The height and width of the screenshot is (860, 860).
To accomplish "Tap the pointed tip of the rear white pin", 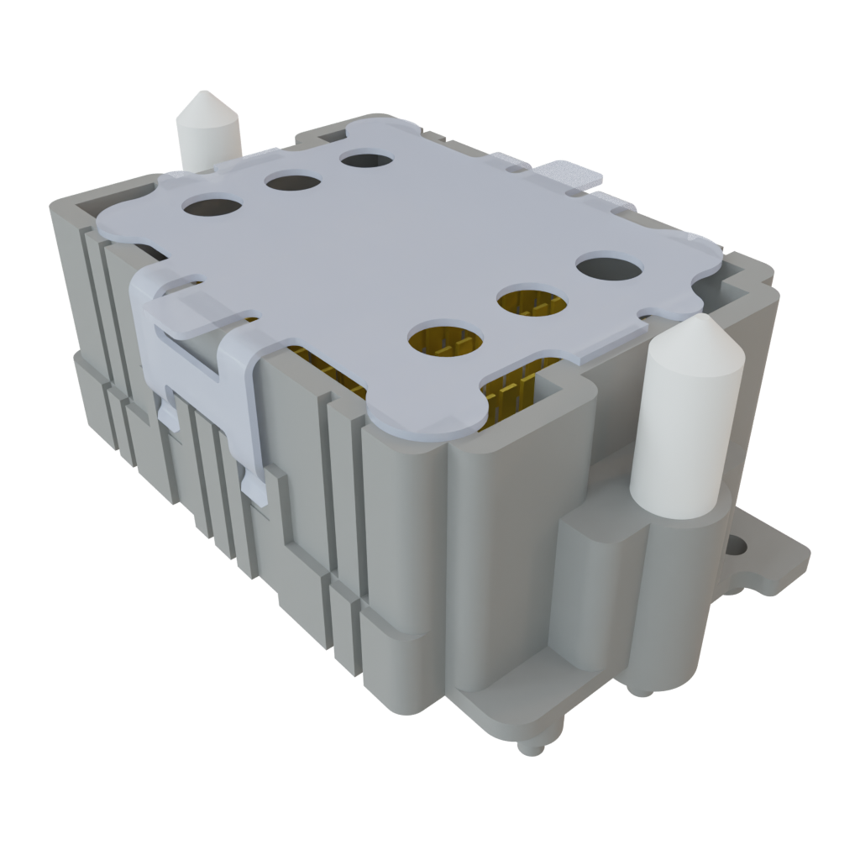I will click(204, 106).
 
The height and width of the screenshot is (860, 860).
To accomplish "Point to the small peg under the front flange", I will click(528, 747).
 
